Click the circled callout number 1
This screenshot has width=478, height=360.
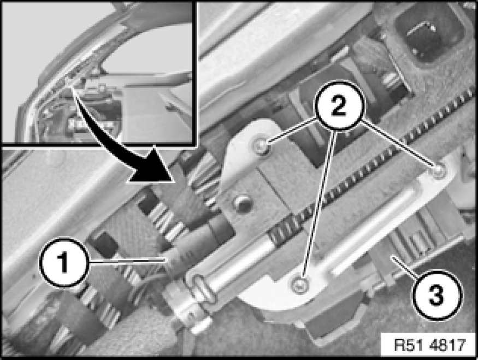tap(64, 262)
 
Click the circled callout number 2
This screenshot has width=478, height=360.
tap(339, 106)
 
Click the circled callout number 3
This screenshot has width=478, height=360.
tap(437, 294)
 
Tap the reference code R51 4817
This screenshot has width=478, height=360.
tap(430, 345)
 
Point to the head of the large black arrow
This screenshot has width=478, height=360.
tap(149, 168)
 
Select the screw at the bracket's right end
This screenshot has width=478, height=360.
tap(438, 170)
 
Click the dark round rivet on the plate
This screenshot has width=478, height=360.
tap(243, 203)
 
